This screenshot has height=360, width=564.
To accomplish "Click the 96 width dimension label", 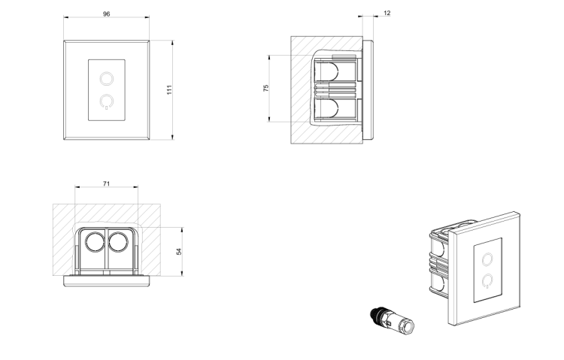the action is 107,14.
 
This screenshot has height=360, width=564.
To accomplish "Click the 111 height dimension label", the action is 169,90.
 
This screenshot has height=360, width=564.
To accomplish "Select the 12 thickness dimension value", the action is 387,13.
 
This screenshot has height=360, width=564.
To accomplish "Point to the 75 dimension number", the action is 265,88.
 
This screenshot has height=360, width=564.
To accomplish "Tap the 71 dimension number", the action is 107,184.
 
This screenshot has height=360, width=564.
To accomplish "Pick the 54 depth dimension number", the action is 179,252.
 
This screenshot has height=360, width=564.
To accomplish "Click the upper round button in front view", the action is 107,78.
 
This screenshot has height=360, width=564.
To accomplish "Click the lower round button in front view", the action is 107,101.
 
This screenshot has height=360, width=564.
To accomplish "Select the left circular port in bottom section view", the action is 96,242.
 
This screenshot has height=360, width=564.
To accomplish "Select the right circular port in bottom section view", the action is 118,242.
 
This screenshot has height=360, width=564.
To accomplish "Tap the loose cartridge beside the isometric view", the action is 392,320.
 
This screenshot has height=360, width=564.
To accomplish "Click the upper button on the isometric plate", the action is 487,259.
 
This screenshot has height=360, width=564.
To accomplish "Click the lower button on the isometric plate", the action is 487,280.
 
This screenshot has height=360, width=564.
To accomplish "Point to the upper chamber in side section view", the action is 335,70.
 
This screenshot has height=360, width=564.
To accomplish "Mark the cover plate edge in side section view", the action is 368,90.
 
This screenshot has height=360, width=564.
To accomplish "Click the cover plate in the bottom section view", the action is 107,281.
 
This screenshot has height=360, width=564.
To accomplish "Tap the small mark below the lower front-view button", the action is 107,108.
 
